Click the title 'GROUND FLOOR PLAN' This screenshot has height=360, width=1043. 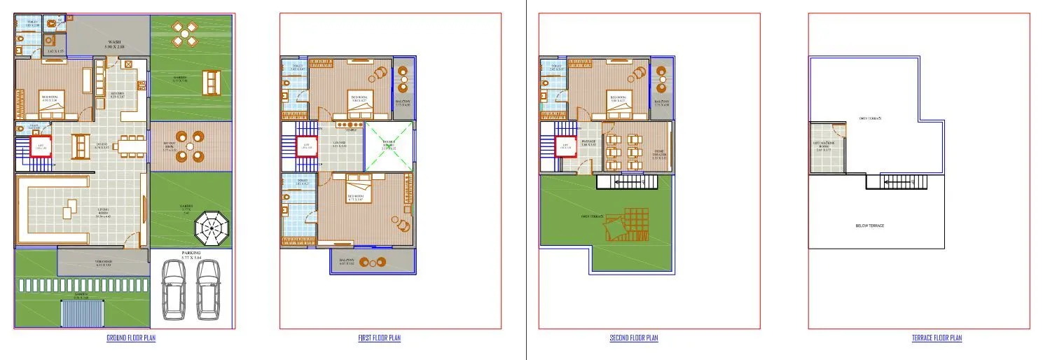[x=131, y=338]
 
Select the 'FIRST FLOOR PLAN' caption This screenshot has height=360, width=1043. [x=379, y=338]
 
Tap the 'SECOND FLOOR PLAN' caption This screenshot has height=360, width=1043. [x=633, y=338]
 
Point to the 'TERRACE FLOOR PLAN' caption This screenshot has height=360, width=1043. [x=937, y=338]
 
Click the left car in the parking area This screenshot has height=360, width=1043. [x=173, y=290]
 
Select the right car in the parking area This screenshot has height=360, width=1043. [x=208, y=290]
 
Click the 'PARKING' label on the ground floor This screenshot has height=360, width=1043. [x=191, y=253]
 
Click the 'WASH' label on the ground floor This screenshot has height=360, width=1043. [x=114, y=43]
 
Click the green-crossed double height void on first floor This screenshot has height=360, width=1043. [x=390, y=147]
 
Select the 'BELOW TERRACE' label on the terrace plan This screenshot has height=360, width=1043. [x=870, y=226]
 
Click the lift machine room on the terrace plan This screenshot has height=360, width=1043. [x=827, y=148]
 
